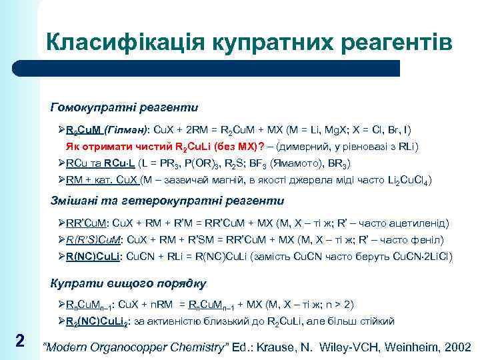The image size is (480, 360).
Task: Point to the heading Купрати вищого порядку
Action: click(x=129, y=283)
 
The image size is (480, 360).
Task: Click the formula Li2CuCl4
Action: click(x=406, y=180)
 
